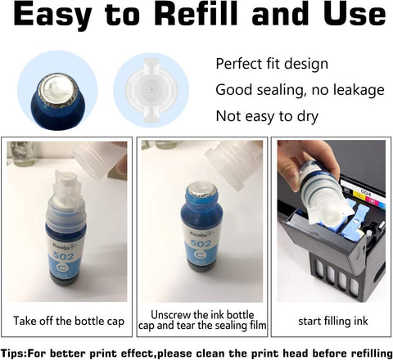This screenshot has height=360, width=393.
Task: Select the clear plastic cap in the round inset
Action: point(151,90)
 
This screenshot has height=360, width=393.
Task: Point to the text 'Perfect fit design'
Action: point(272,64)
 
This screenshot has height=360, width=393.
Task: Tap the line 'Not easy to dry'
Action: point(267,116)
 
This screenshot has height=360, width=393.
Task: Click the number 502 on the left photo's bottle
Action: point(64,256)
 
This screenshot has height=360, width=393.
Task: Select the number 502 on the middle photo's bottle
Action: point(201,243)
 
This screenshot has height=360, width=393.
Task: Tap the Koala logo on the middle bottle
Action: point(201,233)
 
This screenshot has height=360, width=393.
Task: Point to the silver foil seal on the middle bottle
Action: point(202,189)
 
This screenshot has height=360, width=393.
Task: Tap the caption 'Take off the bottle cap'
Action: point(69,321)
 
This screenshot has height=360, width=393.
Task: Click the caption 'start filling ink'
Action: point(333,321)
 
